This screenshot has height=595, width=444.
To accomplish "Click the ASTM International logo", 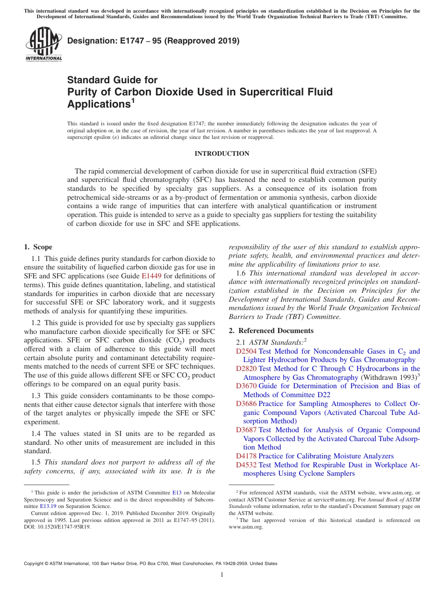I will click(x=43, y=44).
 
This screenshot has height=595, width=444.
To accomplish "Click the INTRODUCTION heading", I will click(x=222, y=154).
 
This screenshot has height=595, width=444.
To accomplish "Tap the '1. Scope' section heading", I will click(x=38, y=247).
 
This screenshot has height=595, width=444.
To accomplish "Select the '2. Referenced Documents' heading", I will click(x=271, y=331).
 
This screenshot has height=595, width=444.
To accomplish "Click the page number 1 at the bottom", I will click(x=222, y=575).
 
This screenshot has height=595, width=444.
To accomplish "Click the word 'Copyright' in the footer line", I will click(x=36, y=564).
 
